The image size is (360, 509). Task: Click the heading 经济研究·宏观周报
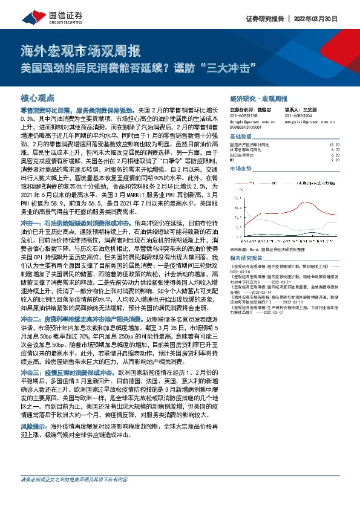click(x=258, y=98)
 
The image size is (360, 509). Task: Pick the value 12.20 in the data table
click(x=334, y=144)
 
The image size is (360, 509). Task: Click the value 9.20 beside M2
click(x=336, y=160)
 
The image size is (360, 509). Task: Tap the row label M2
click(x=233, y=160)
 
